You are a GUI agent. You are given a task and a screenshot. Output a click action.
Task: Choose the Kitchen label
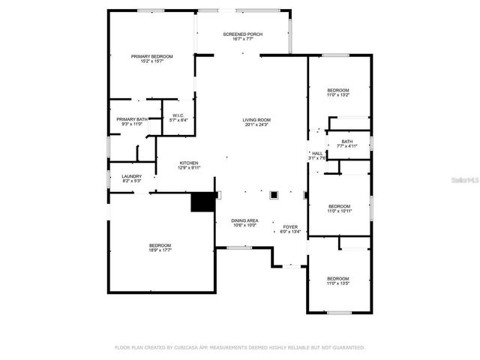point(188,164)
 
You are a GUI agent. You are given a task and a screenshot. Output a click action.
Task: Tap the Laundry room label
point(131,178)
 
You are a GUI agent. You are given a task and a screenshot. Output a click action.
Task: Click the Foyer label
point(289,228)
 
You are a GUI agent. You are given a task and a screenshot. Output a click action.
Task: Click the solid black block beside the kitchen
point(201,202)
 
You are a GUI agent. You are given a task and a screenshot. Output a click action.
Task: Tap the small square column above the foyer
point(274,195)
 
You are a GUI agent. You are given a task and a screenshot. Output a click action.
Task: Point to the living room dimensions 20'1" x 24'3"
point(256,125)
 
